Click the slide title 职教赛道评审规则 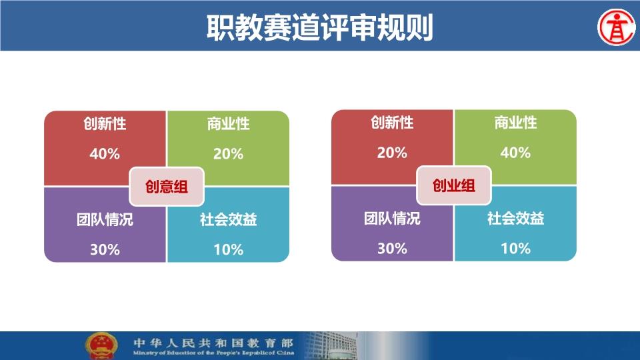(x=319, y=27)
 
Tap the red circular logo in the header (x=617, y=27)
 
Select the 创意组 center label (x=167, y=187)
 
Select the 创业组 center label (x=454, y=185)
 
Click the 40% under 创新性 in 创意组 (x=105, y=154)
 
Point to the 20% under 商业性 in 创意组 (x=228, y=154)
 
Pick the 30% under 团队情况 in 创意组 (x=105, y=249)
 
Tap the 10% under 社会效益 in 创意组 (x=229, y=249)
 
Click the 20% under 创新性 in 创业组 (x=392, y=153)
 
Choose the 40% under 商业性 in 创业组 (x=515, y=153)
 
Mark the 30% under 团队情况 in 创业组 (x=392, y=248)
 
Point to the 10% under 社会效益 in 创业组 (x=515, y=248)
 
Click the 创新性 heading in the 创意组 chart (x=105, y=123)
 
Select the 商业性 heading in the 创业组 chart (x=515, y=122)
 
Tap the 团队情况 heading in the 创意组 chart (x=105, y=219)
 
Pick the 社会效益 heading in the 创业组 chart (x=515, y=218)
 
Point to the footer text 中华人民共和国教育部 (x=213, y=342)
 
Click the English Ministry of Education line (x=213, y=353)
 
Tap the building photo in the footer (x=331, y=346)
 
